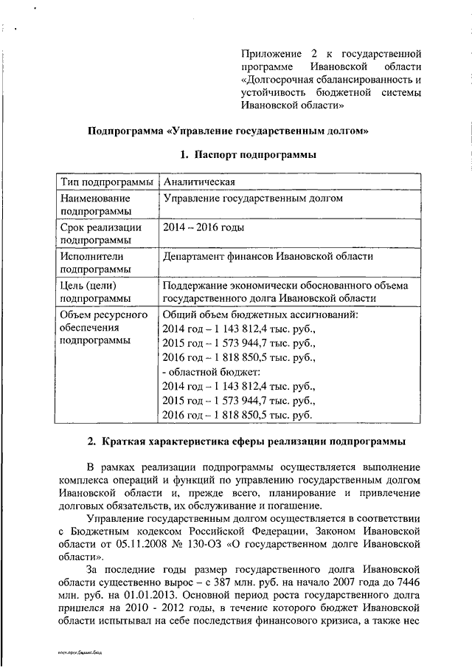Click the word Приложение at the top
coord(273,54)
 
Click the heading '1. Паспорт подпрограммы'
coord(249,155)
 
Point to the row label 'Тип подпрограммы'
coord(107,182)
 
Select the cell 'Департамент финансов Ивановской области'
coord(268,256)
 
